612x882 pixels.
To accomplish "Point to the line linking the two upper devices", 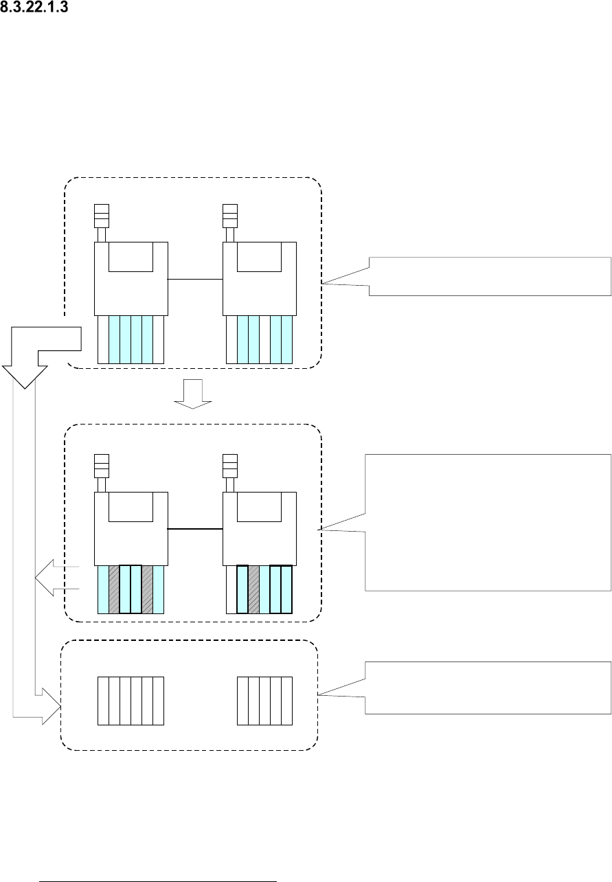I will [196, 280].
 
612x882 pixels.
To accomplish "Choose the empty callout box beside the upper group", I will [489, 275].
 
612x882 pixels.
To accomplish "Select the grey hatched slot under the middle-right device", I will [253, 589].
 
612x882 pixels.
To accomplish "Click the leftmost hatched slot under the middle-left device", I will [114, 589].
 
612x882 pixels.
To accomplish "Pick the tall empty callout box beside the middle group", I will [488, 522].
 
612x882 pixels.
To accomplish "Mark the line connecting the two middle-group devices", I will [196, 529].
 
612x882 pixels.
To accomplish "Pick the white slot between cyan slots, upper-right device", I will [264, 339].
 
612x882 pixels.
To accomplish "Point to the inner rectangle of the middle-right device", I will [259, 506].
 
